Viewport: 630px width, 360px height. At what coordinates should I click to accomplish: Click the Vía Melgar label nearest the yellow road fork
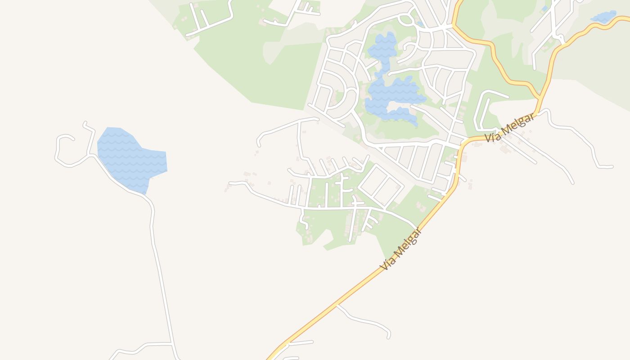point(510,127)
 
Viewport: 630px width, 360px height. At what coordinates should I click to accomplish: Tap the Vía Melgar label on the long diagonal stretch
point(401,249)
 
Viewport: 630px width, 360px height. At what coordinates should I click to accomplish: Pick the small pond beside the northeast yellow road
point(603,18)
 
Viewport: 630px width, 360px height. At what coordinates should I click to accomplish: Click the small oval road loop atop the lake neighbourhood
point(406,19)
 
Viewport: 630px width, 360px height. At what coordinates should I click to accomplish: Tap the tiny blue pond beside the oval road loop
point(420,23)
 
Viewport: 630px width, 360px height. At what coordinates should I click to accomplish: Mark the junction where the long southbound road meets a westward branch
point(171,344)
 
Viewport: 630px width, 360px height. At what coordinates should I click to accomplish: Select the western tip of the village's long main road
point(230,183)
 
